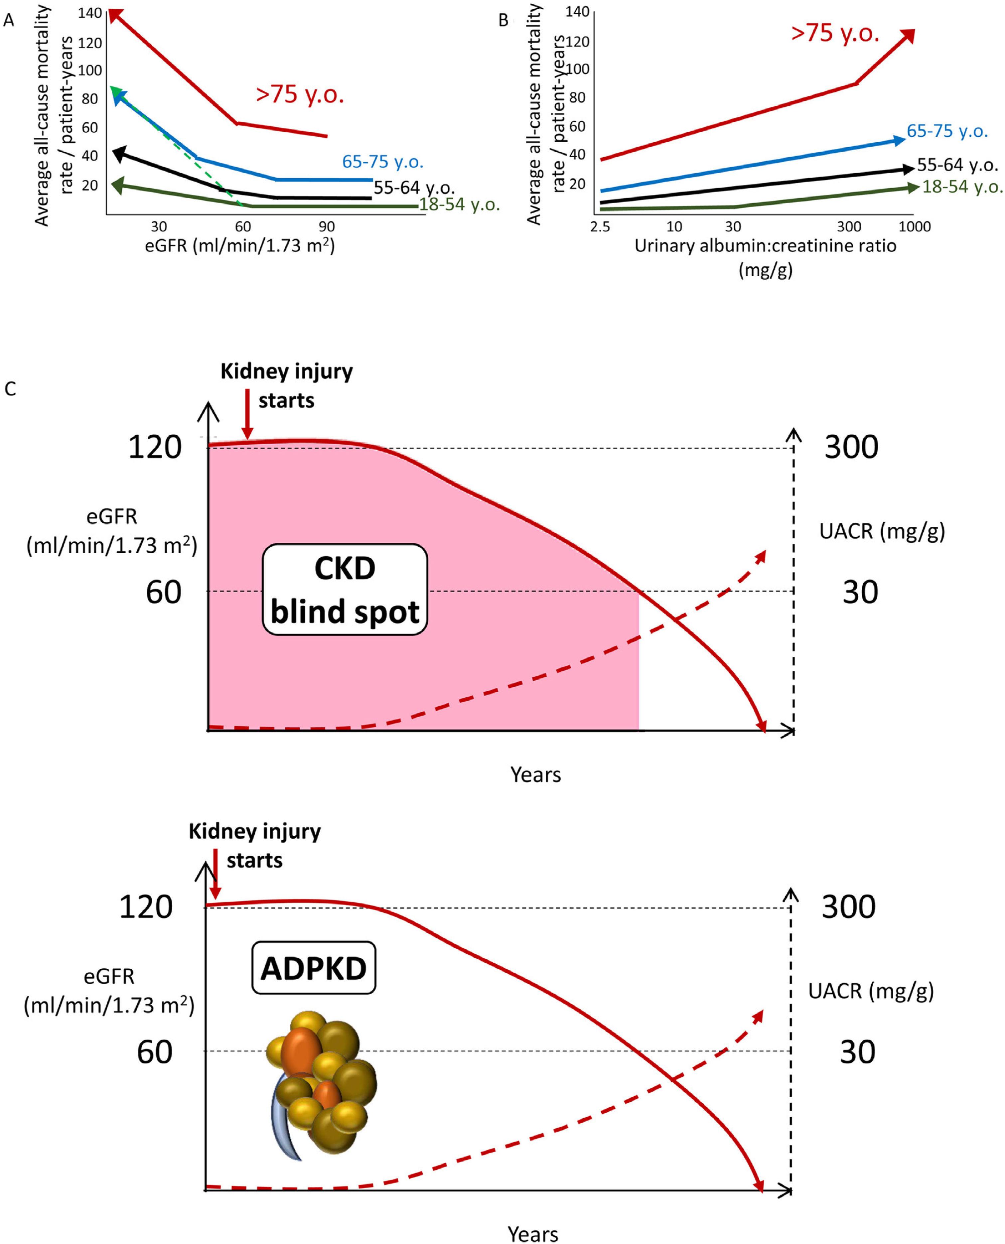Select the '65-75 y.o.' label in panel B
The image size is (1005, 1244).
point(946,131)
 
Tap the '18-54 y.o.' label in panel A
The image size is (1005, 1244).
point(459,205)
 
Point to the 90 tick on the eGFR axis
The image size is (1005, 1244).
point(327,226)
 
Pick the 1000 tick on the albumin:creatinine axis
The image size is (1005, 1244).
point(915,226)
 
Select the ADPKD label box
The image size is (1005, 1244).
point(313,968)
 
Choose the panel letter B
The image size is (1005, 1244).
point(503,21)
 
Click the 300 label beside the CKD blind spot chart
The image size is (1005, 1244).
point(851,448)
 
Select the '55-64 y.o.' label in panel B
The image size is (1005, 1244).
point(957,166)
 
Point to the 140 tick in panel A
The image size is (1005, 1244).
point(90,13)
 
